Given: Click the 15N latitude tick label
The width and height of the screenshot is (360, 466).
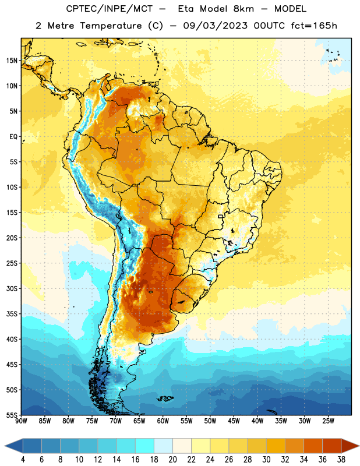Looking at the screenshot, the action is [12, 61].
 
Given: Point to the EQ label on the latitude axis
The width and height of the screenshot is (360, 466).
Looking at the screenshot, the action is [13, 137].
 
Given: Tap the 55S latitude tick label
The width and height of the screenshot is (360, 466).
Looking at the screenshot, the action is [12, 415].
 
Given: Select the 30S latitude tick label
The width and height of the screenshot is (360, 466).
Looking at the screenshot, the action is [12, 288].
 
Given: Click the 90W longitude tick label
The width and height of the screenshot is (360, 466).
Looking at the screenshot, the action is [21, 421].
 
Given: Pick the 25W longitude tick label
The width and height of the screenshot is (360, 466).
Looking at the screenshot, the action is [328, 421].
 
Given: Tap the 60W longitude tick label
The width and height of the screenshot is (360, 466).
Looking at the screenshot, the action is [163, 421].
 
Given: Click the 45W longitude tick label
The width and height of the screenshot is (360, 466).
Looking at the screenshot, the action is [234, 421].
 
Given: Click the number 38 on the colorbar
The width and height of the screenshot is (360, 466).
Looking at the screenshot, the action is [341, 460].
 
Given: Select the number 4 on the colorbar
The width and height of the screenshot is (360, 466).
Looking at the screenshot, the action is [23, 460].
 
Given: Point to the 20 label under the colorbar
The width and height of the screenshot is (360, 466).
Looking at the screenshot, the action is [172, 460].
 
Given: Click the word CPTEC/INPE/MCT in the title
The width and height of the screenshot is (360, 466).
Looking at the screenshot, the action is [109, 9].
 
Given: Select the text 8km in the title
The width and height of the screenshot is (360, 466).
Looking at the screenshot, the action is [243, 9].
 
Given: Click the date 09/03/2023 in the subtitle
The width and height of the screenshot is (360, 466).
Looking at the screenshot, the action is [215, 26].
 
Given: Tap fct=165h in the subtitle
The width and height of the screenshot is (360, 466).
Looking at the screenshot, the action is [314, 26].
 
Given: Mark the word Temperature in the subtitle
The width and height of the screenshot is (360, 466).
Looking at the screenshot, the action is [111, 26].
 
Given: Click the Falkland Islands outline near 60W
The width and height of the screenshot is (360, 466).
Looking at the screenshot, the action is [165, 398].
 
